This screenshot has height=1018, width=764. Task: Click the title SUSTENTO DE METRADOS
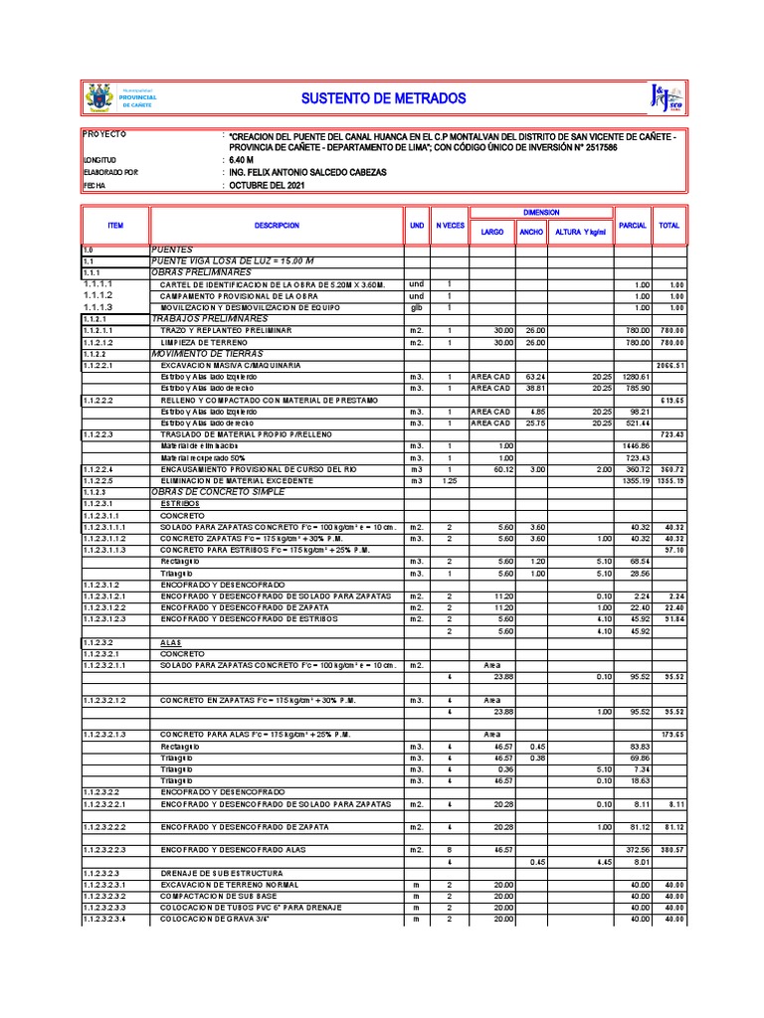click(x=383, y=99)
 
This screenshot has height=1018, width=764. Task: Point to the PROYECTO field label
click(x=104, y=133)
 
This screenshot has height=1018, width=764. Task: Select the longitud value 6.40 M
click(x=242, y=159)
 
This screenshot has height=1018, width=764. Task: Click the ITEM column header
click(x=115, y=226)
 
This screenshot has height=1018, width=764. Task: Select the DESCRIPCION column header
click(x=276, y=226)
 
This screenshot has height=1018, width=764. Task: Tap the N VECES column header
click(x=450, y=226)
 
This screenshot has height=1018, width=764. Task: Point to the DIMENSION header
click(x=541, y=213)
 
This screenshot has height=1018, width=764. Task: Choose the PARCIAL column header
click(x=633, y=226)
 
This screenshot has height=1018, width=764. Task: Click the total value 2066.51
click(x=670, y=366)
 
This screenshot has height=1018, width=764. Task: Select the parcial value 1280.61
click(x=635, y=377)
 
